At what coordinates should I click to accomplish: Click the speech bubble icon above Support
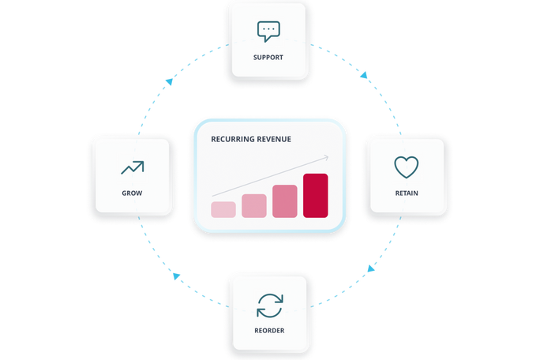pyautogui.click(x=268, y=32)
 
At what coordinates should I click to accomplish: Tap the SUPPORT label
pyautogui.click(x=268, y=58)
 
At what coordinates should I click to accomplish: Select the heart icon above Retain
pyautogui.click(x=407, y=167)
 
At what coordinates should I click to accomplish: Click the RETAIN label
pyautogui.click(x=407, y=193)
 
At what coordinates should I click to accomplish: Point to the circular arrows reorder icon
pyautogui.click(x=270, y=306)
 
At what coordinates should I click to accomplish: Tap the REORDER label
pyautogui.click(x=269, y=331)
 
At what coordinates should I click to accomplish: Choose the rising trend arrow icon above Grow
pyautogui.click(x=133, y=167)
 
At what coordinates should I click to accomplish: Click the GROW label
pyautogui.click(x=132, y=193)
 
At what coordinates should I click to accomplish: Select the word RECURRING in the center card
pyautogui.click(x=231, y=139)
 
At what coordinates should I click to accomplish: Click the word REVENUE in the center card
pyautogui.click(x=273, y=139)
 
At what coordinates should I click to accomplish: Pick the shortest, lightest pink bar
pyautogui.click(x=223, y=209)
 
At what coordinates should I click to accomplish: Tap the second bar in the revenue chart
pyautogui.click(x=254, y=206)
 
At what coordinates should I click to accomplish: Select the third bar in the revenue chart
pyautogui.click(x=285, y=201)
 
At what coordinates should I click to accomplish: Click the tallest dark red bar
pyautogui.click(x=316, y=196)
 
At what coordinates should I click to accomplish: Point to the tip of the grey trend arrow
pyautogui.click(x=328, y=157)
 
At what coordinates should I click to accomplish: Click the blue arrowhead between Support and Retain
pyautogui.click(x=364, y=75)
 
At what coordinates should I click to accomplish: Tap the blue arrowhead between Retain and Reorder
pyautogui.click(x=370, y=268)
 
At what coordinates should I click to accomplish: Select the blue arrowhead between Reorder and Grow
pyautogui.click(x=176, y=276)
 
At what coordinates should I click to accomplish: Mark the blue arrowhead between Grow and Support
pyautogui.click(x=169, y=81)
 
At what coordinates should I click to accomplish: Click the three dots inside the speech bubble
pyautogui.click(x=268, y=29)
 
